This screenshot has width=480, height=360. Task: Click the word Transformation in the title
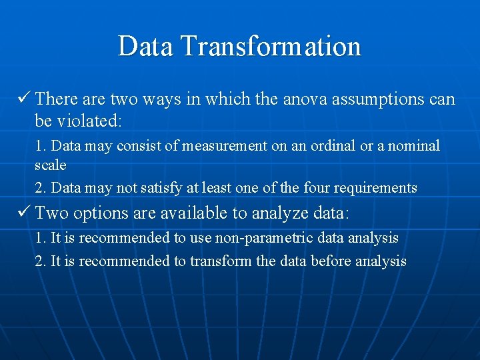(271, 47)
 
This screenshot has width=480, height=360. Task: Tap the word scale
(51, 164)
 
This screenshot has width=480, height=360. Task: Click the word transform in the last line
(219, 261)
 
